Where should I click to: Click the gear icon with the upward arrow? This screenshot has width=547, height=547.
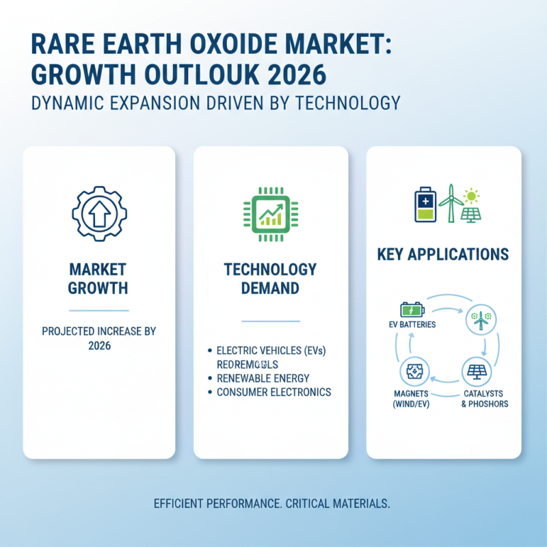pos(99,213)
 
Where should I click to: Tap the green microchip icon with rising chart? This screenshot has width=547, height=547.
pos(271,213)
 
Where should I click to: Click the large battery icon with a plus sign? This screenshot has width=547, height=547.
pos(425,204)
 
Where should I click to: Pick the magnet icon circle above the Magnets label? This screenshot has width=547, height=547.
pos(414,373)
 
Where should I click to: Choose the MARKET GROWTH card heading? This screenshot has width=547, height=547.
pos(98,278)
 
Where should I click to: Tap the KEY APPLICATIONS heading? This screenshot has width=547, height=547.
pos(443,255)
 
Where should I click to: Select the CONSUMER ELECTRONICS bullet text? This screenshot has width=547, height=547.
pos(273,392)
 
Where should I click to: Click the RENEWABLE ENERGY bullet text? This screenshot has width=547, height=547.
pos(263,378)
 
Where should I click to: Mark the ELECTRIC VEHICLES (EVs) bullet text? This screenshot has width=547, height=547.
pos(271,351)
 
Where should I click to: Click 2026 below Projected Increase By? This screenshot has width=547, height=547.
pos(99,346)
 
